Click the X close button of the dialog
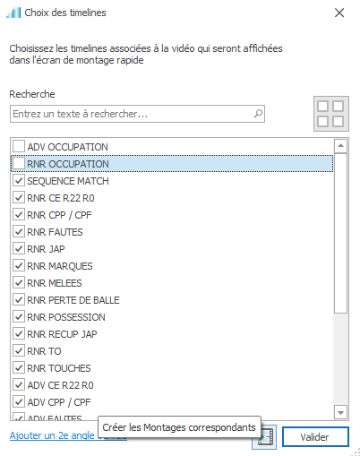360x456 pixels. click(x=339, y=13)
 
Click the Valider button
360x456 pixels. click(x=315, y=437)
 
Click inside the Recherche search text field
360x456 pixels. click(x=132, y=114)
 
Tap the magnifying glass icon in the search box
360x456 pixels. click(x=258, y=114)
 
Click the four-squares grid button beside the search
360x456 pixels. click(x=330, y=114)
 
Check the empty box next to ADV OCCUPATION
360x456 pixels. click(x=19, y=147)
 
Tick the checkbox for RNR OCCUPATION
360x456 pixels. click(x=19, y=164)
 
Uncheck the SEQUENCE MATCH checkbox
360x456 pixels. click(x=19, y=181)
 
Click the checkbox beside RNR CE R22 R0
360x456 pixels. click(x=19, y=198)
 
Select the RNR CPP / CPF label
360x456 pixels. click(x=59, y=215)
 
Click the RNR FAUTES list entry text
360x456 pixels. click(x=55, y=232)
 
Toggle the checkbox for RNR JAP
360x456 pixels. click(x=19, y=249)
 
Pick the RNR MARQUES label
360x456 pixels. click(x=60, y=266)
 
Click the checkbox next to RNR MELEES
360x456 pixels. click(x=19, y=283)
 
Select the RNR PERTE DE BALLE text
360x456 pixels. click(x=73, y=300)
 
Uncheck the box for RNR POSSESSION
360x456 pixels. click(x=19, y=317)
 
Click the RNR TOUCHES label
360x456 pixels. click(x=59, y=368)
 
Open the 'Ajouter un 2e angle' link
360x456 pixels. click(x=52, y=436)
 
